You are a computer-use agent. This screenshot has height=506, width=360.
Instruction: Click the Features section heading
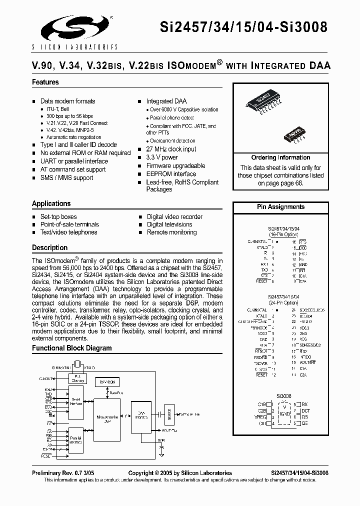45,82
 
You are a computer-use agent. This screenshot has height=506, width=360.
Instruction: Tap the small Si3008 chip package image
296,133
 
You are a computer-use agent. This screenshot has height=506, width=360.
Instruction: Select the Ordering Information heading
280,157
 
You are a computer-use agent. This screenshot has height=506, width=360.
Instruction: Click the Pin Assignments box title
280,207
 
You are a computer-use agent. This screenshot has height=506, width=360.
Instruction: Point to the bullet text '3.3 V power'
162,157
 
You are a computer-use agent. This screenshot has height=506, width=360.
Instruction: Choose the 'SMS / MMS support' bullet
66,178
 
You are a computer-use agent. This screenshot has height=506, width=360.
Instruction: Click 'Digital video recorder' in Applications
174,217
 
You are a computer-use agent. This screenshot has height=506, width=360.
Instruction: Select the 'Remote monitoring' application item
171,232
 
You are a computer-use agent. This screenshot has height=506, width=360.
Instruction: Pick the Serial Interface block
76,400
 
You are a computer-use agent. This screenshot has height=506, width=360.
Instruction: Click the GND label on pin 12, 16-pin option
302,264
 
